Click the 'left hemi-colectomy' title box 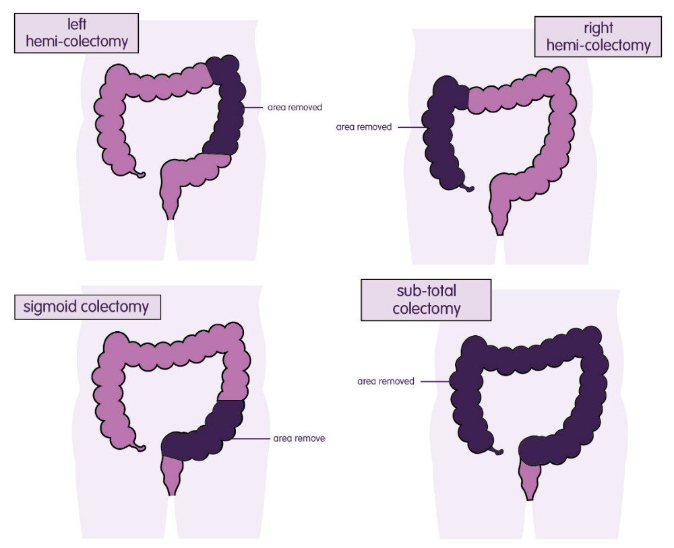[76, 33]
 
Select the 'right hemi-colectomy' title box [598, 37]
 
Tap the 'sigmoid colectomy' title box [88, 307]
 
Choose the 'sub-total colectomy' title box [426, 300]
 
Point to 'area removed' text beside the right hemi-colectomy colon [363, 127]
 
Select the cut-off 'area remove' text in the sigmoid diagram [299, 438]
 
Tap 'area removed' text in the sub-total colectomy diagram [386, 381]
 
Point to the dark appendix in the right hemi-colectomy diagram [467, 186]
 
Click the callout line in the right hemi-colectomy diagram [410, 127]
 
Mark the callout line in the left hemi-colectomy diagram [254, 107]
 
